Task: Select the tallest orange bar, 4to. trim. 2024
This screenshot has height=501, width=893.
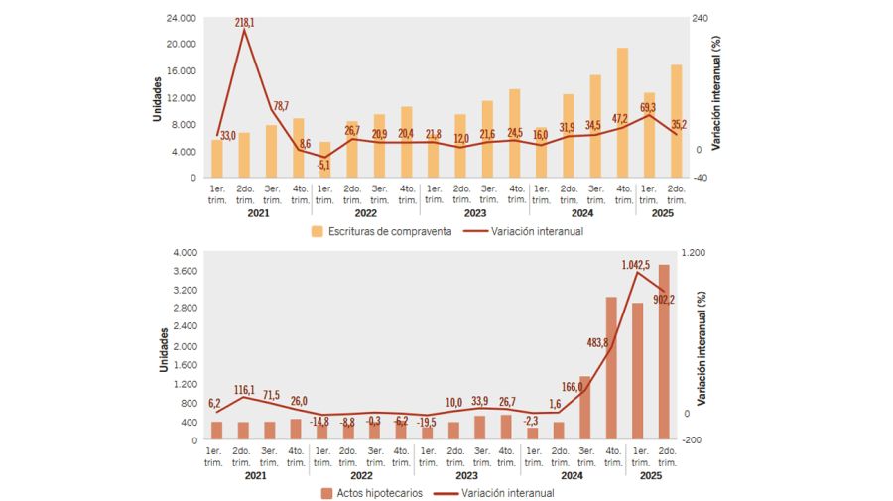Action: pos(622,112)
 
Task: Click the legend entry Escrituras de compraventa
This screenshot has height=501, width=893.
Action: pos(381,231)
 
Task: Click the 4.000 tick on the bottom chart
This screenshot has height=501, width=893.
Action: pos(185,253)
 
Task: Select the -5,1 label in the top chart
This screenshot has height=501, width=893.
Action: pos(323,166)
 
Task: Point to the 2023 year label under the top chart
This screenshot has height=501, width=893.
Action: pos(474,212)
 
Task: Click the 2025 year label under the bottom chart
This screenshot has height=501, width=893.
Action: pos(650,475)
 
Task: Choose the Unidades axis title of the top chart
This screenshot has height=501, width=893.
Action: pos(157,98)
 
